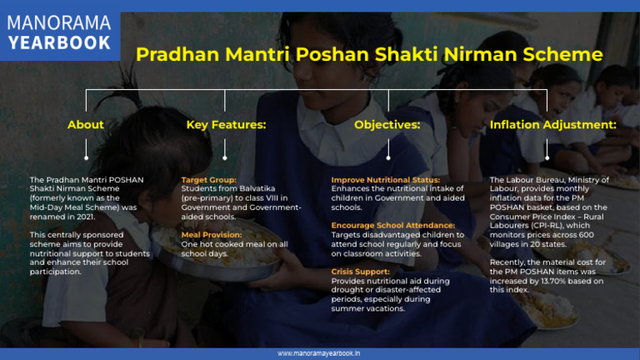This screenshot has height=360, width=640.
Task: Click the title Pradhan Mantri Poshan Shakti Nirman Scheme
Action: (369, 55)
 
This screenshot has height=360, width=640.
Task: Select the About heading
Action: (86, 125)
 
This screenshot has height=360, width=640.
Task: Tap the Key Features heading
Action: (226, 125)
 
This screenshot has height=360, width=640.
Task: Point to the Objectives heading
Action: (387, 125)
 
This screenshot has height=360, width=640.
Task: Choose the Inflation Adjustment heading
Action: (552, 125)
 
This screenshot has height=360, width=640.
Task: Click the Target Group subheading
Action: (209, 179)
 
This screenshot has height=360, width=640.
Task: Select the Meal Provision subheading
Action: (212, 234)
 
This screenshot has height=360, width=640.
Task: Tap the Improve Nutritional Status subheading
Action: (386, 179)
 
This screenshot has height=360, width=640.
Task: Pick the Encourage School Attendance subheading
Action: (392, 225)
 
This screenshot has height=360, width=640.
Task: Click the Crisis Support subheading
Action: (360, 271)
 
